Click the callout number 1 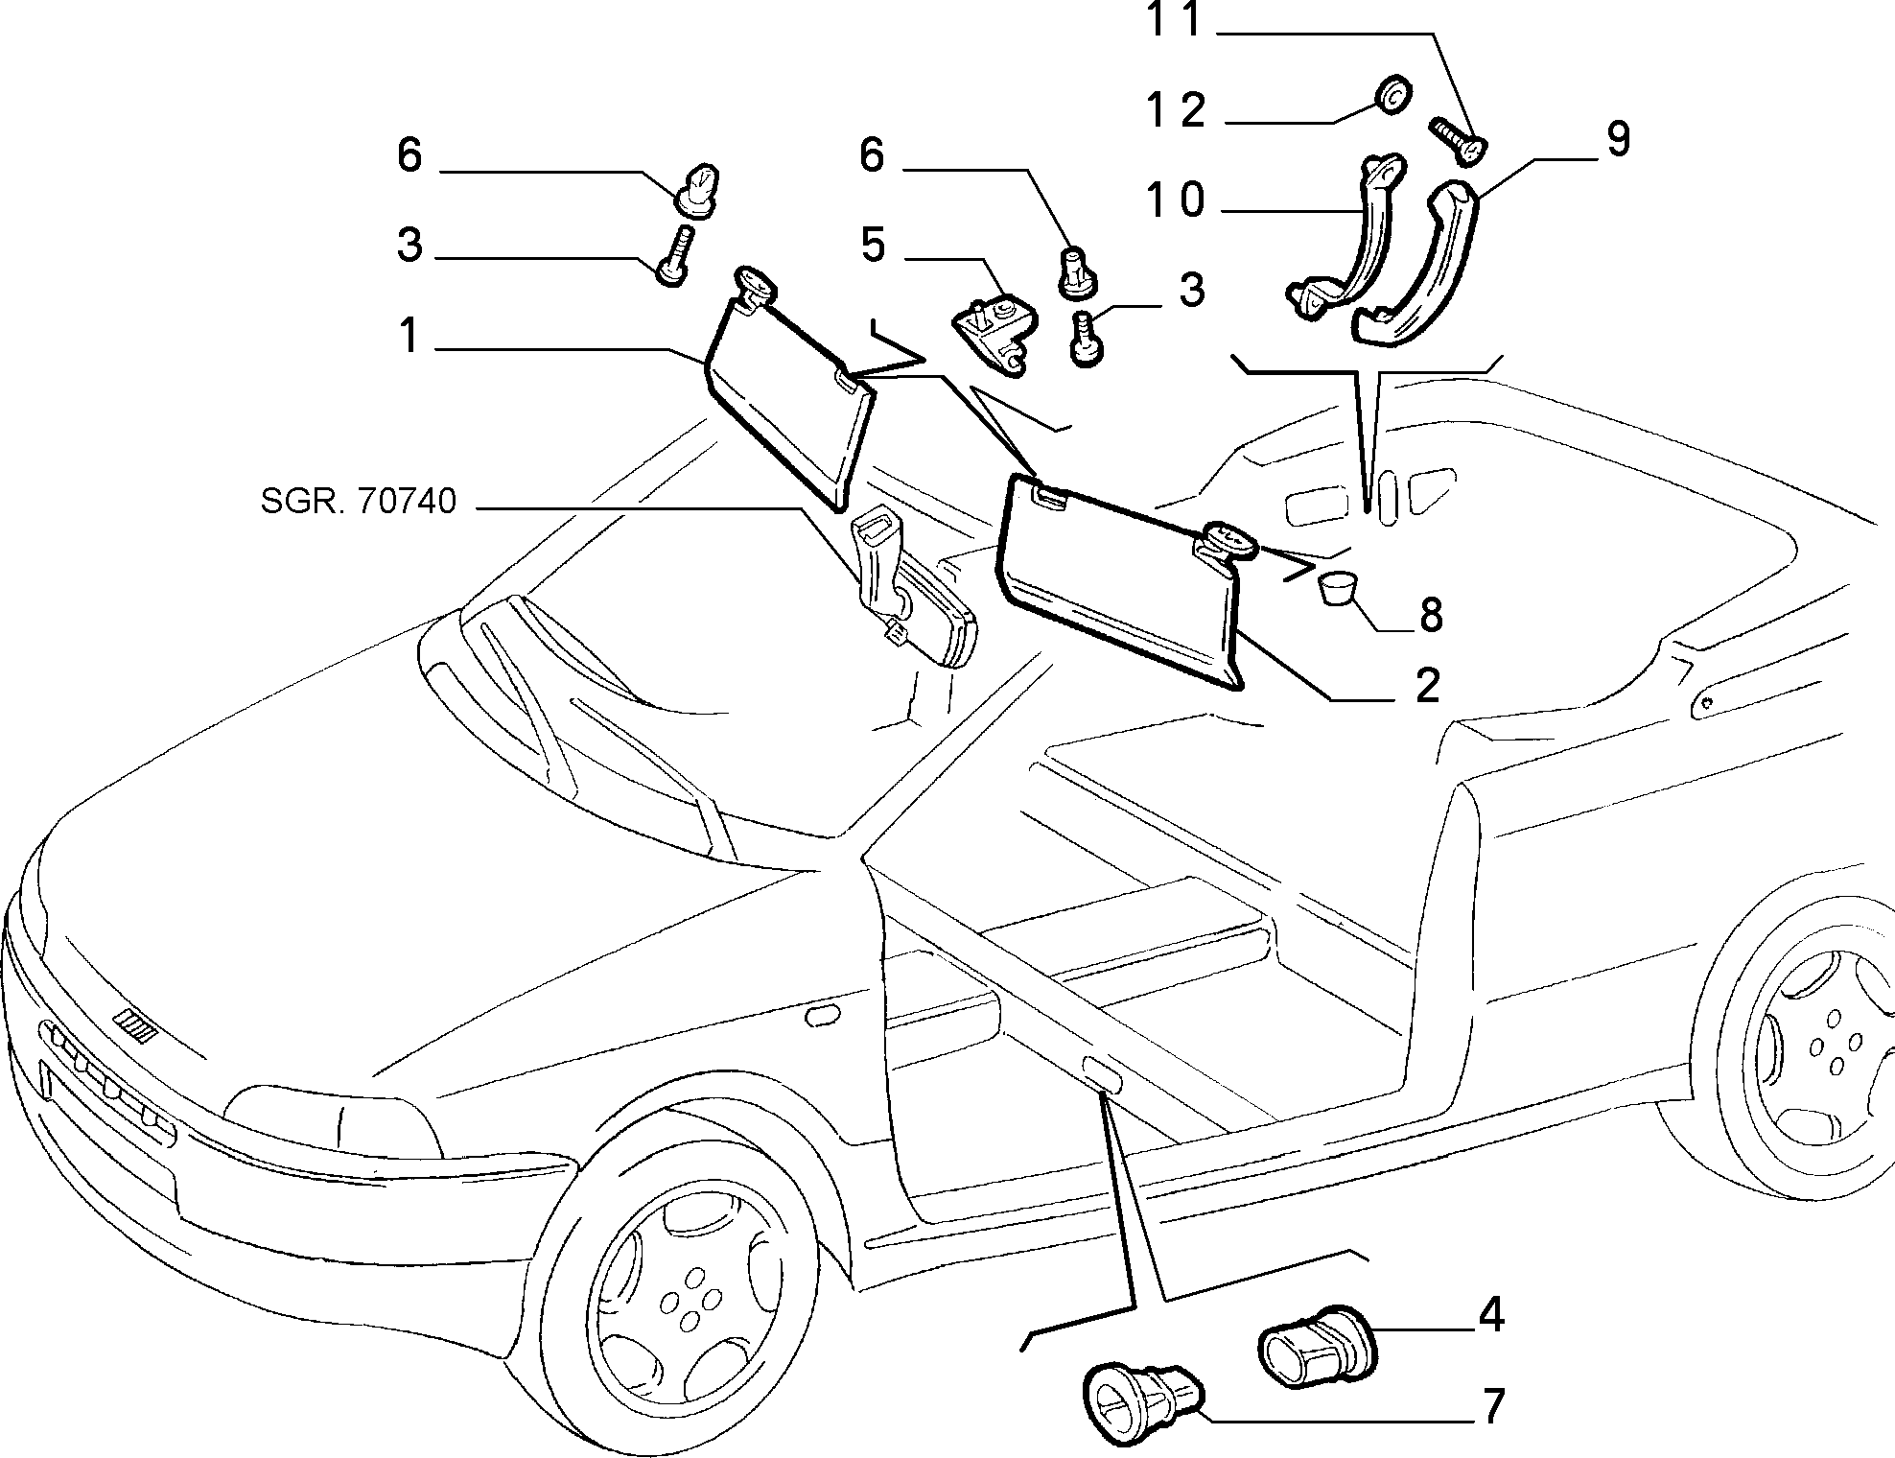(x=409, y=336)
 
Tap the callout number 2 (x=1428, y=687)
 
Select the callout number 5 (x=873, y=245)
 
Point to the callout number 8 (x=1431, y=614)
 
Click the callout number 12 (x=1179, y=111)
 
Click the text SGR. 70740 (x=359, y=501)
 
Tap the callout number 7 (x=1491, y=1407)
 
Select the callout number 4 (x=1490, y=1315)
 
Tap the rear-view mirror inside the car (x=911, y=589)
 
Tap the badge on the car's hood (x=134, y=1027)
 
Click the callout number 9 (x=1618, y=140)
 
